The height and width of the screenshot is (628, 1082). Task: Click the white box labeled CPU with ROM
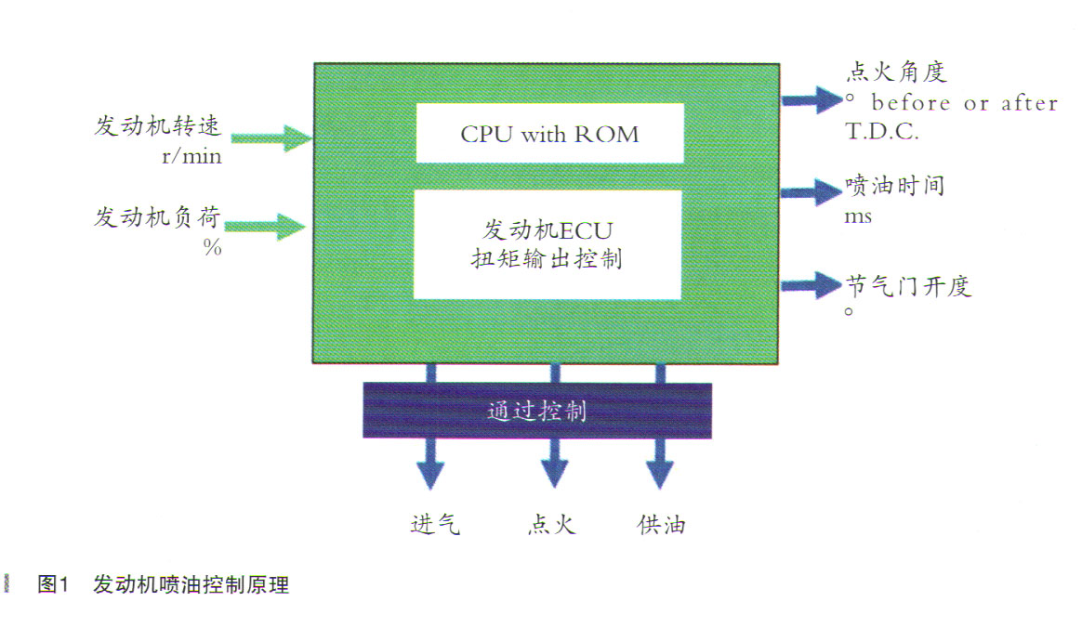(x=549, y=133)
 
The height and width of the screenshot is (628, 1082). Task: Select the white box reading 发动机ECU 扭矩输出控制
(x=548, y=244)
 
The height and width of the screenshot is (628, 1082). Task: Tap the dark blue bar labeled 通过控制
(x=537, y=411)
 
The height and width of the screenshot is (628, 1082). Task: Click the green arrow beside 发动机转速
(x=270, y=138)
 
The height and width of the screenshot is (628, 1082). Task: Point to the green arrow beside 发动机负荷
(x=264, y=225)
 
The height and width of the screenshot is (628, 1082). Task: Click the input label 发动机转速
(x=158, y=126)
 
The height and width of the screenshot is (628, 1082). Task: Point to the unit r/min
(x=191, y=155)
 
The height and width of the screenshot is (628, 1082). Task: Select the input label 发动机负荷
(x=158, y=219)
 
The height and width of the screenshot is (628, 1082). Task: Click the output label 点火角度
(x=896, y=72)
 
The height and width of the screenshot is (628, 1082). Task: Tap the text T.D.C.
(x=881, y=131)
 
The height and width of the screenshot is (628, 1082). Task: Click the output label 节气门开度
(x=908, y=285)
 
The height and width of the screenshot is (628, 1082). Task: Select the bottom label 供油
(x=661, y=525)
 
